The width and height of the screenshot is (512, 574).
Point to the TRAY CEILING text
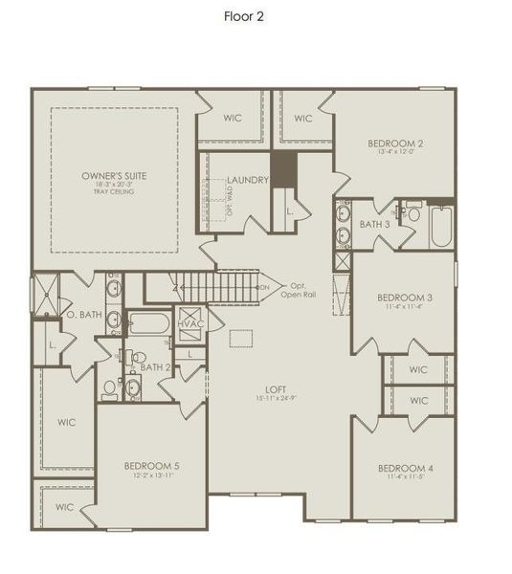click(114, 192)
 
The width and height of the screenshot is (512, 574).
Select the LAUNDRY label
click(248, 180)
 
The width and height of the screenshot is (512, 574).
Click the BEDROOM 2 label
click(395, 143)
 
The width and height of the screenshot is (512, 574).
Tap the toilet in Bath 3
click(413, 213)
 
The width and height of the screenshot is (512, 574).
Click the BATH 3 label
click(374, 224)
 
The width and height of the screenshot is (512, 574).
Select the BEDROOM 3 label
click(405, 298)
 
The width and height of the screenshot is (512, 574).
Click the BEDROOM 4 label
click(405, 468)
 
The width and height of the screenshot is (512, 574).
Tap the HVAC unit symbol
click(191, 323)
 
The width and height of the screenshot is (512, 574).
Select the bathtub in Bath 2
click(149, 322)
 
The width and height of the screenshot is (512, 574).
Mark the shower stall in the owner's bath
click(46, 295)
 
